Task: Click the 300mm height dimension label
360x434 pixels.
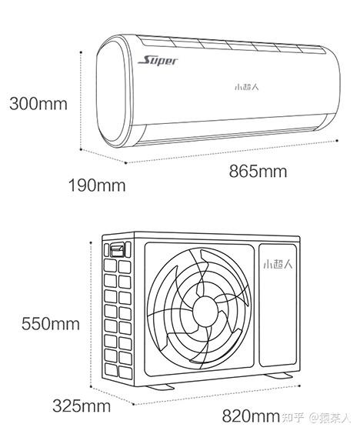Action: click(x=38, y=104)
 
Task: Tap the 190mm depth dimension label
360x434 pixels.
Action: click(x=97, y=185)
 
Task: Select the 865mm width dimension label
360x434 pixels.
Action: click(x=258, y=172)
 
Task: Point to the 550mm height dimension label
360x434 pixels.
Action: click(x=51, y=324)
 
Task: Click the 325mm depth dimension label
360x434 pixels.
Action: click(x=82, y=406)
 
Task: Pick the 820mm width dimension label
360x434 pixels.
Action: click(x=251, y=416)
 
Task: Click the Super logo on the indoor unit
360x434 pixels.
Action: click(x=158, y=61)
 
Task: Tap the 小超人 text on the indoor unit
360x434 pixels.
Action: click(x=247, y=87)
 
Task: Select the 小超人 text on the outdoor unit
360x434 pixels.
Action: click(x=278, y=264)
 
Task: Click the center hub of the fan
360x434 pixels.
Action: click(x=205, y=311)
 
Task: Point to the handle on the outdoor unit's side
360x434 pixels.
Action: click(x=117, y=250)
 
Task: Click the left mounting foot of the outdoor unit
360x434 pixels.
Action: click(x=160, y=386)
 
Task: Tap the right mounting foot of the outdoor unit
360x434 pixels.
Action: click(x=278, y=376)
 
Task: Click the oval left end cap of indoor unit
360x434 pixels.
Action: click(x=113, y=92)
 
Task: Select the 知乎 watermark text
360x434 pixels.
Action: click(x=293, y=418)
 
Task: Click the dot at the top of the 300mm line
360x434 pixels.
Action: click(x=81, y=52)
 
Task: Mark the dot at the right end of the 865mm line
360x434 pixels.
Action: click(x=337, y=141)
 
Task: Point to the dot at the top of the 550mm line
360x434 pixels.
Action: click(x=91, y=242)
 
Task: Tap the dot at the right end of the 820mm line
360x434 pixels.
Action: click(x=299, y=385)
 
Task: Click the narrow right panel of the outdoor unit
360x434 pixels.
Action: click(x=278, y=305)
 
